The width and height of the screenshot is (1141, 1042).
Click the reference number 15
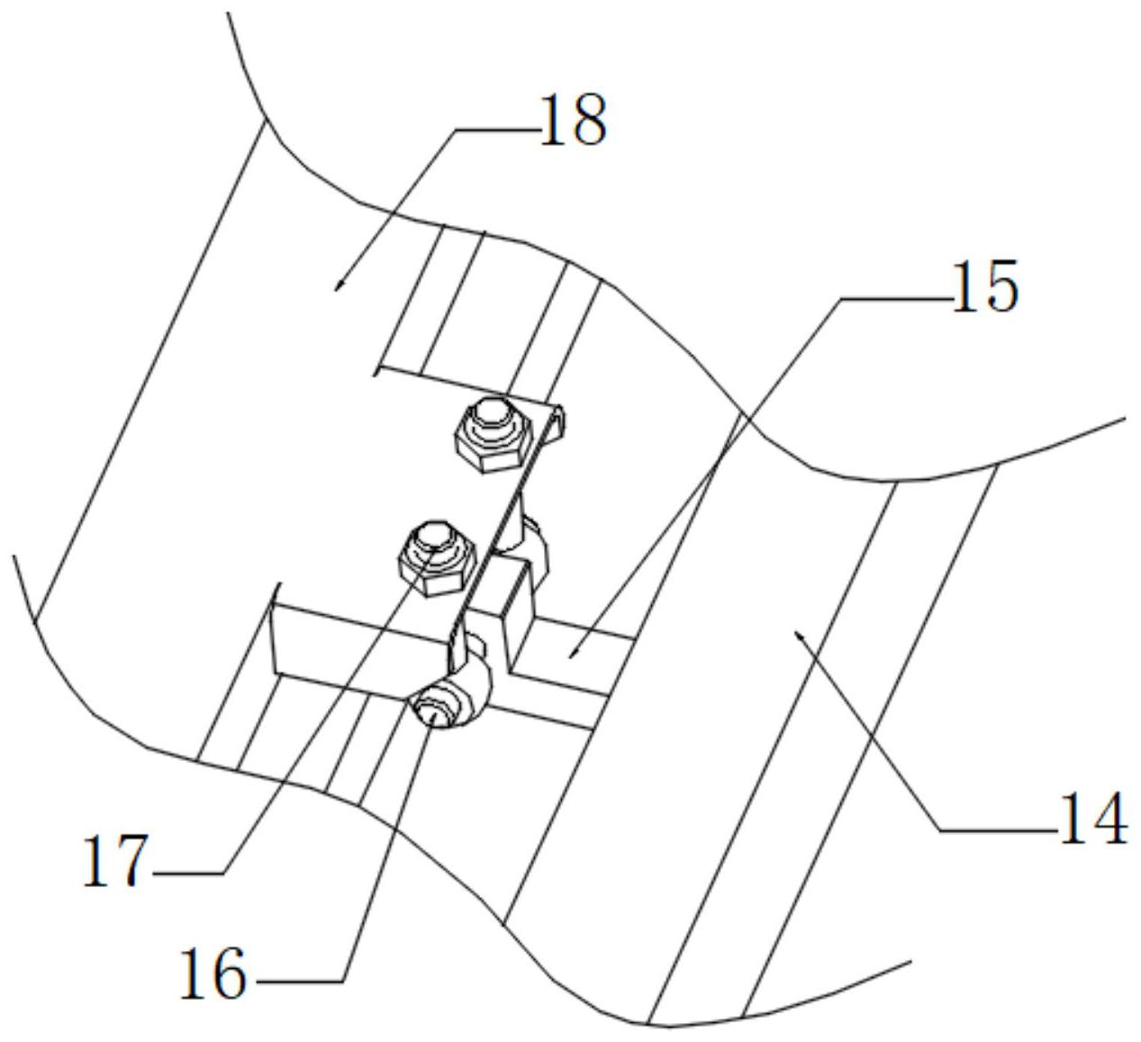(x=984, y=286)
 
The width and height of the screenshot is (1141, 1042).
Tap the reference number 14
(x=1092, y=819)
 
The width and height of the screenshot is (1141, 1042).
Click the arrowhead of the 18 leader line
(x=338, y=286)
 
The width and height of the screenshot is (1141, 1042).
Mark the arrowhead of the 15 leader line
(x=571, y=657)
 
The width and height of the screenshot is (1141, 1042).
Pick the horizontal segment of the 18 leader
(x=495, y=129)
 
